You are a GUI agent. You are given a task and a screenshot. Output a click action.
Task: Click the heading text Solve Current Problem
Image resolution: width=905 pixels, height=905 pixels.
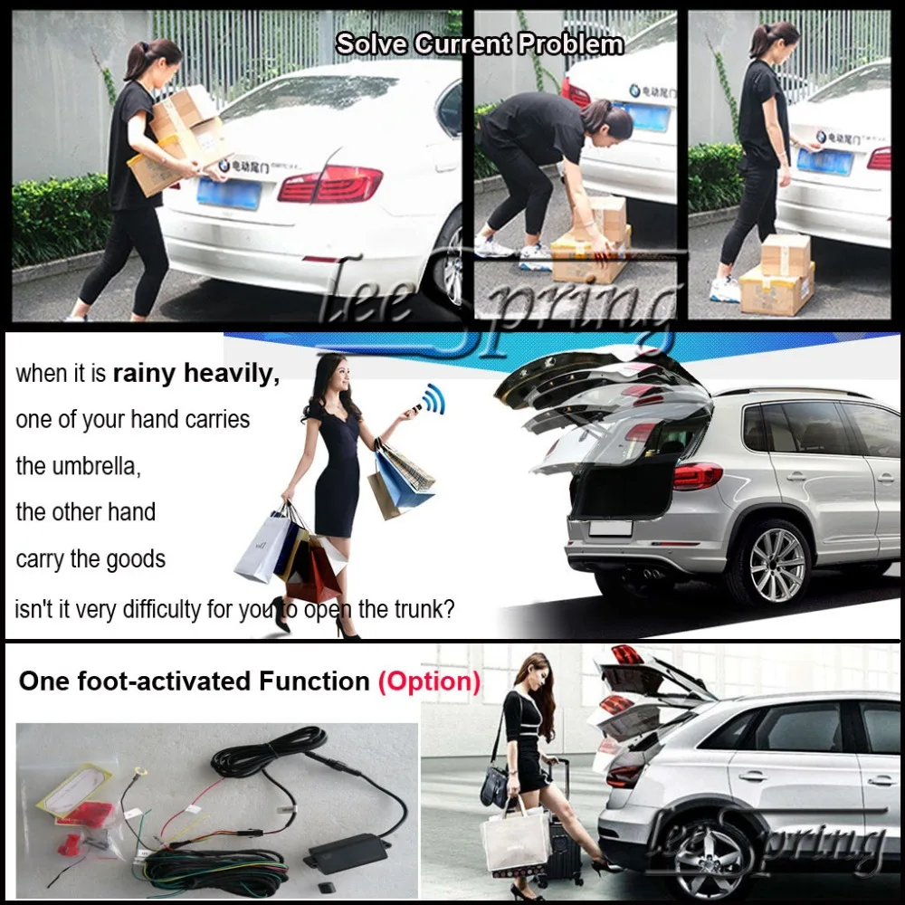tap(480, 43)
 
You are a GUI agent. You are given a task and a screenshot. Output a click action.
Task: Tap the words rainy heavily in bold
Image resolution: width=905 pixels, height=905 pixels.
tap(195, 374)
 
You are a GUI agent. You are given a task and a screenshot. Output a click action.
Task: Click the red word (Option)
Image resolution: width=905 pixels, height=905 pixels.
tap(429, 681)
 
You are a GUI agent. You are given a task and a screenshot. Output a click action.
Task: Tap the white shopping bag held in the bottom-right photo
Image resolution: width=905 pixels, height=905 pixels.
tap(515, 838)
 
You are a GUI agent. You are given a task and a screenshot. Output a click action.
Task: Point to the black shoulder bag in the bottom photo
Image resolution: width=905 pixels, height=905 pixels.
tap(496, 786)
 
